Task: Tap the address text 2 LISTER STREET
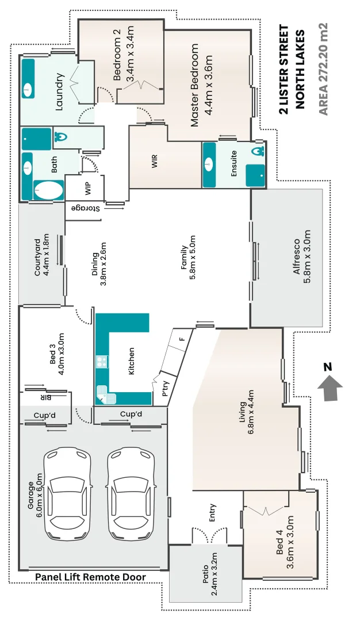click(284, 68)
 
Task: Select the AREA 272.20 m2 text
click(323, 68)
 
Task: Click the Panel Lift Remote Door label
click(90, 577)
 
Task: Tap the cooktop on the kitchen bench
click(102, 362)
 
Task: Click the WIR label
click(154, 163)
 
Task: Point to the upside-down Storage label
click(86, 208)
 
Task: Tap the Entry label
click(212, 511)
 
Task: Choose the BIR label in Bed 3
click(46, 397)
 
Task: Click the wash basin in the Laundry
click(28, 90)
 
